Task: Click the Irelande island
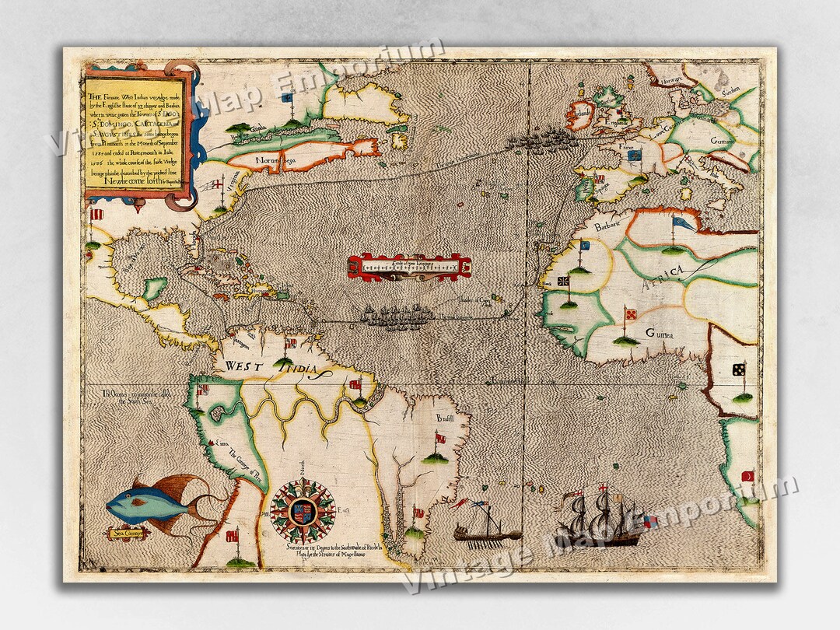580,115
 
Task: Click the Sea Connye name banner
129,534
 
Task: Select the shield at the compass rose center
303,511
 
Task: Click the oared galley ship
487,532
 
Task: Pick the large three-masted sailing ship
599,517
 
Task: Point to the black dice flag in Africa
737,369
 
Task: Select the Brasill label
445,419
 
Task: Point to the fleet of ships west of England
541,140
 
